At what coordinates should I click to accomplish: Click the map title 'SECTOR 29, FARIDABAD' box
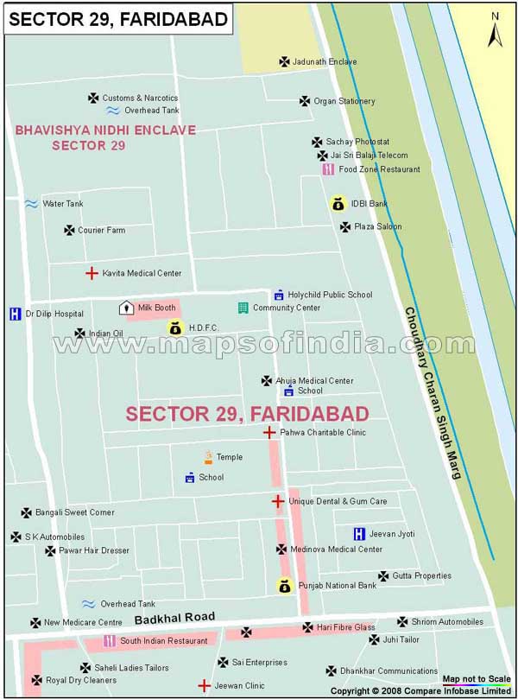pyautogui.click(x=118, y=19)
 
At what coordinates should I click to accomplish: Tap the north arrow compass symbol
pyautogui.click(x=495, y=30)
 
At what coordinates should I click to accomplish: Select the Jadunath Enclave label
pyautogui.click(x=325, y=62)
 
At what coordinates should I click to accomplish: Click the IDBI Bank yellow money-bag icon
pyautogui.click(x=337, y=204)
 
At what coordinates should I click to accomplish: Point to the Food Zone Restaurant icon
pyautogui.click(x=328, y=169)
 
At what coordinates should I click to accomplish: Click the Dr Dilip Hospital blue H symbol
pyautogui.click(x=15, y=314)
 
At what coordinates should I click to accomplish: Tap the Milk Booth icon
pyautogui.click(x=125, y=308)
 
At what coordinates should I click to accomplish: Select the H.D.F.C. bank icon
pyautogui.click(x=175, y=327)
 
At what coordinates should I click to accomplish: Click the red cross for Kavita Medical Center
pyautogui.click(x=91, y=273)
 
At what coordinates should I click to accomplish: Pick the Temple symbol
pyautogui.click(x=208, y=457)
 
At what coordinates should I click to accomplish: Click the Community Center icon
pyautogui.click(x=243, y=308)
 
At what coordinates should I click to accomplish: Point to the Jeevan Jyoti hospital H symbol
pyautogui.click(x=359, y=534)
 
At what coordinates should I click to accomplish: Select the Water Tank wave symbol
pyautogui.click(x=31, y=204)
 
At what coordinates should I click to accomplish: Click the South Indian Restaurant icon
pyautogui.click(x=110, y=641)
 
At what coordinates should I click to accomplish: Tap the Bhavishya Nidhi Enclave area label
pyautogui.click(x=105, y=137)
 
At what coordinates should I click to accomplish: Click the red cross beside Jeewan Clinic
pyautogui.click(x=204, y=686)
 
